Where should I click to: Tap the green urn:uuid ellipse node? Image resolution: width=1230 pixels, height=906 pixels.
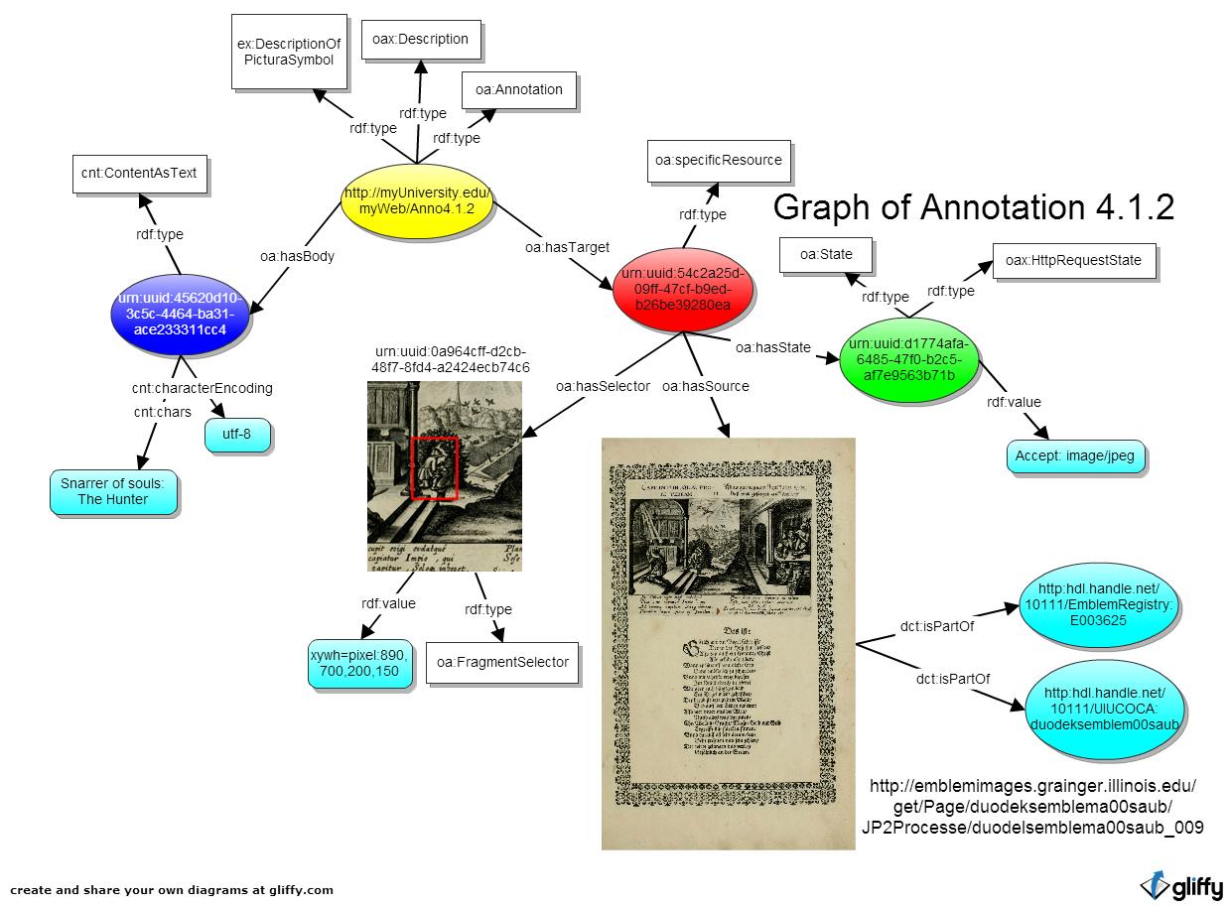(x=910, y=359)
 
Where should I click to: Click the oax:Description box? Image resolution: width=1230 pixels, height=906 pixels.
(x=420, y=40)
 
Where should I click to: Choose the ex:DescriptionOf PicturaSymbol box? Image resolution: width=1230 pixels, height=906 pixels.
(x=289, y=52)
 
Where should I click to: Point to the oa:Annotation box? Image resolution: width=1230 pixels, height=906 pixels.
(x=518, y=90)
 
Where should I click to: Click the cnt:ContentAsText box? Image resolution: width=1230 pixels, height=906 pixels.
(x=139, y=173)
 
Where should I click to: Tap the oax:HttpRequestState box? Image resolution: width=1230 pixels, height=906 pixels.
(x=1072, y=260)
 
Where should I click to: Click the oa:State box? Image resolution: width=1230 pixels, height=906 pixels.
(x=826, y=254)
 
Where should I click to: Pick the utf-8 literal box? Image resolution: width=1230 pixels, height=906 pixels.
(x=238, y=435)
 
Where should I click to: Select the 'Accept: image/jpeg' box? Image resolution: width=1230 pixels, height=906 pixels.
(x=1075, y=456)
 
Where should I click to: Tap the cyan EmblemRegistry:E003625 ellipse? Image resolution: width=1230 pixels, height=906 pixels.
(x=1102, y=604)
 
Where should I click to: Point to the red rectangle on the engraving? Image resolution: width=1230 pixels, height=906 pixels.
(x=434, y=467)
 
